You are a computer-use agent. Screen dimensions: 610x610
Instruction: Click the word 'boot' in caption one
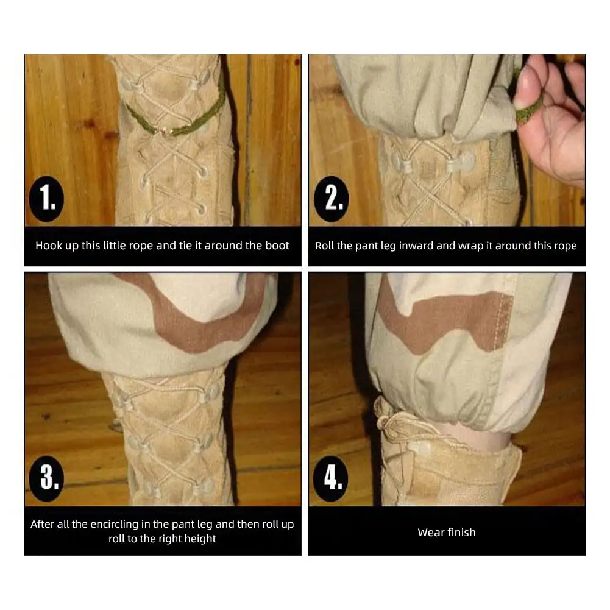[277, 246]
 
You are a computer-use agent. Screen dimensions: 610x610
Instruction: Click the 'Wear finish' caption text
[446, 532]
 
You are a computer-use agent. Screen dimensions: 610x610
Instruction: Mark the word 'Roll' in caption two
[325, 246]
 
